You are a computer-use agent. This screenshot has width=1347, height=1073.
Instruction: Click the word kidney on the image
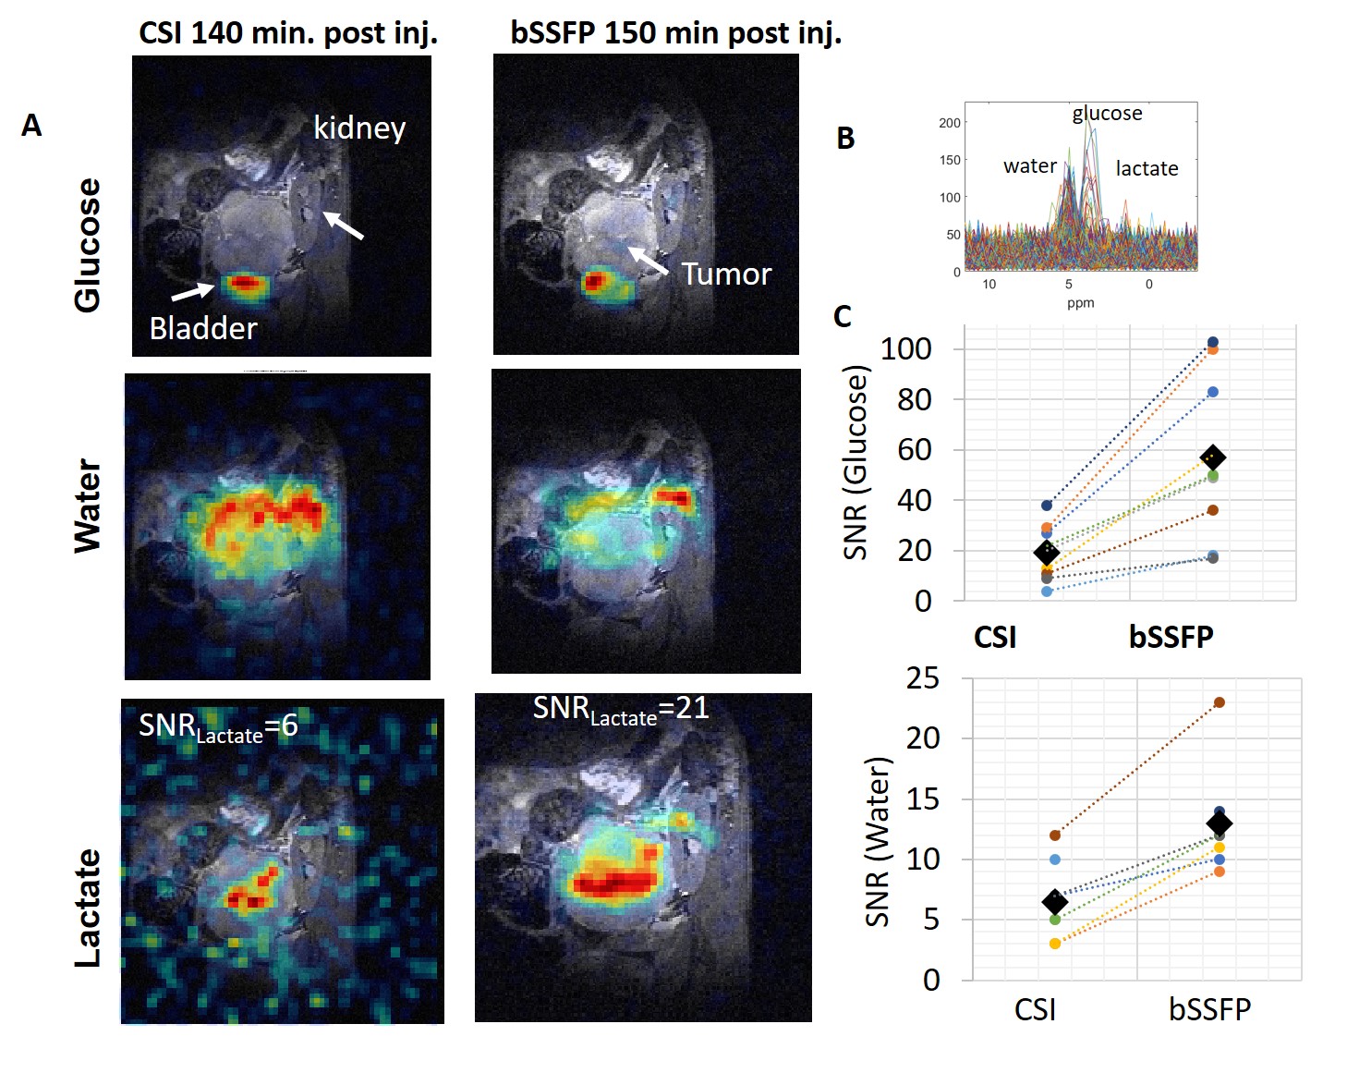(x=359, y=128)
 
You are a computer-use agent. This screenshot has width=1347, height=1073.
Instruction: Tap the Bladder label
(x=203, y=328)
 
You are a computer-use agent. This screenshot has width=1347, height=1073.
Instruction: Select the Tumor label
(x=726, y=274)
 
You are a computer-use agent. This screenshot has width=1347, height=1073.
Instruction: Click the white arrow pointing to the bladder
(x=192, y=292)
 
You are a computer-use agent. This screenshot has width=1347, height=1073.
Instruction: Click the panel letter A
(x=31, y=126)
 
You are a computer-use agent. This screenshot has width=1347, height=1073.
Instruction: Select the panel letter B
(x=845, y=139)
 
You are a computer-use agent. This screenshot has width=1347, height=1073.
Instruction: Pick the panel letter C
(x=843, y=317)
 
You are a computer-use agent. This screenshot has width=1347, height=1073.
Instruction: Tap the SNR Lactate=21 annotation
(x=621, y=710)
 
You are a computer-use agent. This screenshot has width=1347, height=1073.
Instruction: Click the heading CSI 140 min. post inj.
(x=288, y=33)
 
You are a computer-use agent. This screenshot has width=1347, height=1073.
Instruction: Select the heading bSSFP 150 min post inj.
(x=676, y=33)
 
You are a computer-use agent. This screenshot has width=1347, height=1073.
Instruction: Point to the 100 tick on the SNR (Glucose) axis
(x=905, y=349)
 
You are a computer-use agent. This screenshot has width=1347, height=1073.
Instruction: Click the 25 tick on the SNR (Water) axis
(x=922, y=678)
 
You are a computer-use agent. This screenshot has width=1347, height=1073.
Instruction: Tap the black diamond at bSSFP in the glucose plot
(x=1212, y=457)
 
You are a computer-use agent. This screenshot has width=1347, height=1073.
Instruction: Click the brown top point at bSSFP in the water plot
(x=1220, y=702)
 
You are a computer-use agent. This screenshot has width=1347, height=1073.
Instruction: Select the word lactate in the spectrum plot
(x=1147, y=168)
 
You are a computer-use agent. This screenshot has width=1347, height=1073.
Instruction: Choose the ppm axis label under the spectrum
(x=1080, y=303)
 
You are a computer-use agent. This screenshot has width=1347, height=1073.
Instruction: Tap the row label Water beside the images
(x=88, y=506)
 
